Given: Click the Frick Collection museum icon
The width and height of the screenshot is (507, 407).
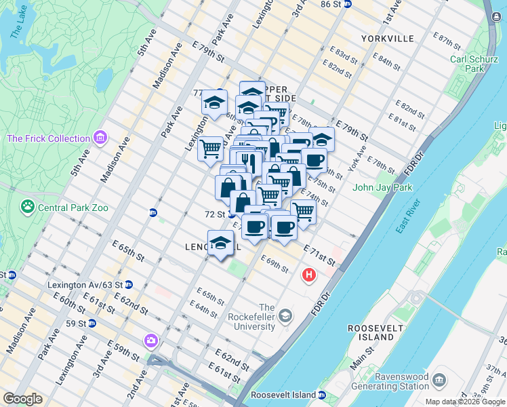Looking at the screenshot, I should (x=100, y=138).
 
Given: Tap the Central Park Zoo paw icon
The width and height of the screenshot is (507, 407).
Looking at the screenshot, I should (x=28, y=206).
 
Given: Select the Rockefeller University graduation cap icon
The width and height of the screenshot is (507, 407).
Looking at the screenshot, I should (x=286, y=315).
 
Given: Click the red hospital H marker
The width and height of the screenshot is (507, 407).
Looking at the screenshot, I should (x=309, y=275).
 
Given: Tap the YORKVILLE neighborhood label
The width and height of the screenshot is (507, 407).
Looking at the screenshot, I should (x=387, y=39).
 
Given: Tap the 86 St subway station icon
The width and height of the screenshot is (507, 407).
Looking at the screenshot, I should (x=348, y=4).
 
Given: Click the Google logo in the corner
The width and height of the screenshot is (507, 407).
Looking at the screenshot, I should (x=22, y=398).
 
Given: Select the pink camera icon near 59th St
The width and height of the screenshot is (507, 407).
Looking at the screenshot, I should (x=150, y=340).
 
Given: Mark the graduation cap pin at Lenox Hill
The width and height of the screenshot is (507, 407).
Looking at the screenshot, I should (x=220, y=242).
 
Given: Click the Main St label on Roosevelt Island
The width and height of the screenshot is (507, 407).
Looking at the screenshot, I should (x=367, y=356).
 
